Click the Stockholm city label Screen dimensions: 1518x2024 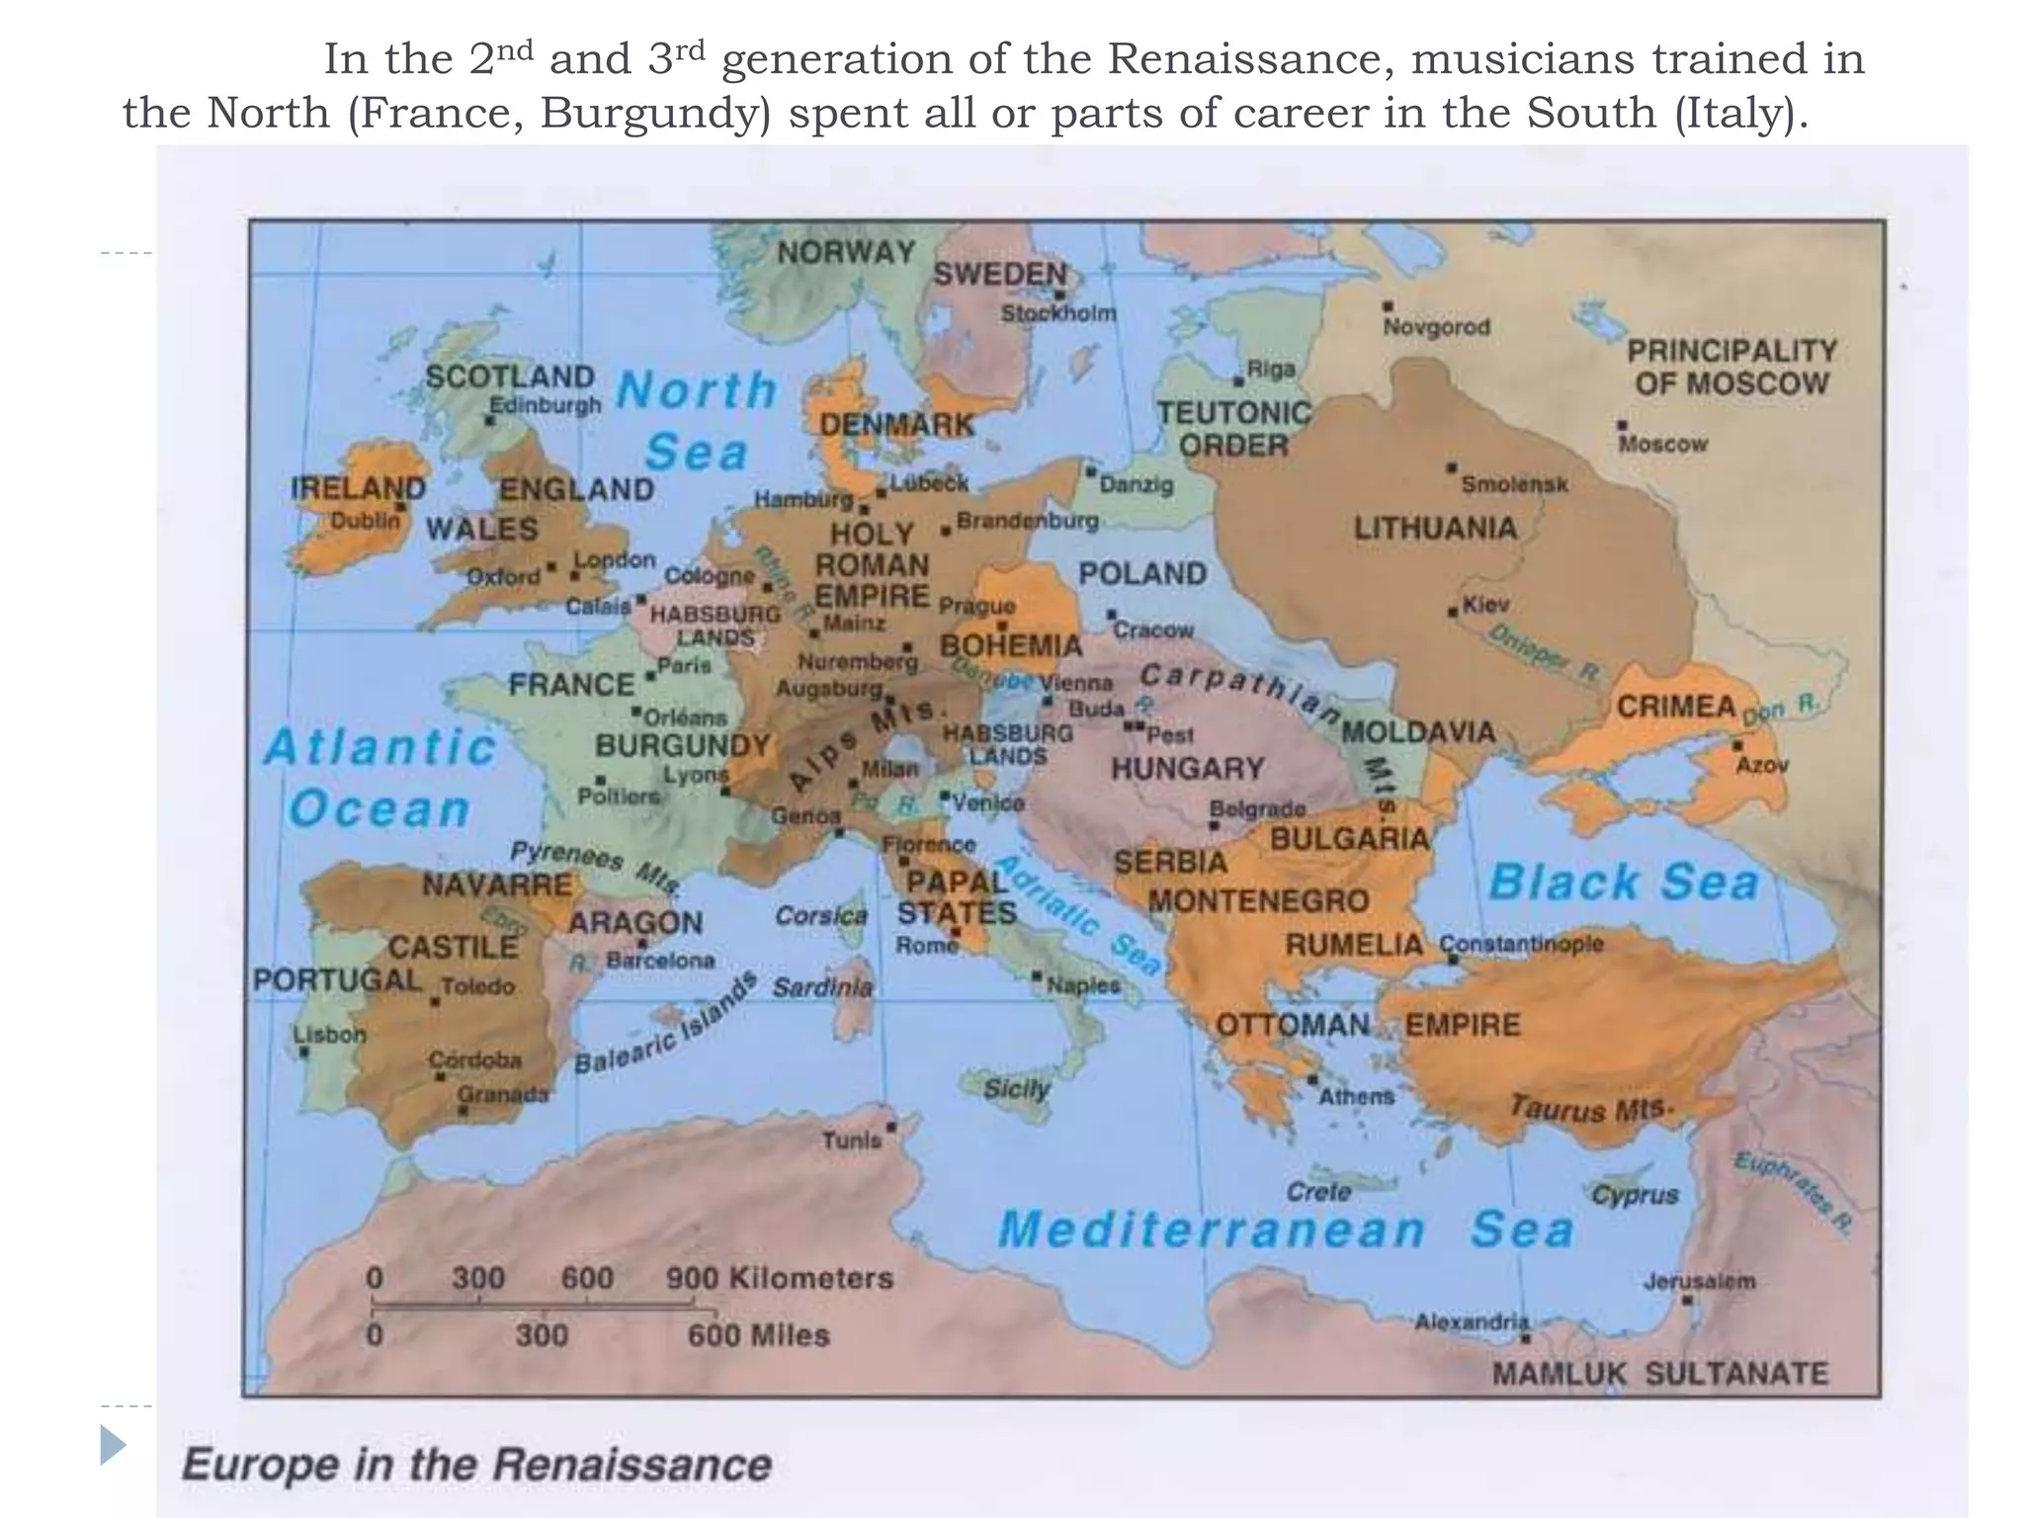[1057, 313]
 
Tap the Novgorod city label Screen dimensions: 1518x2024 [1435, 326]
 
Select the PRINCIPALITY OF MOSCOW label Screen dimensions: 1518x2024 [1731, 367]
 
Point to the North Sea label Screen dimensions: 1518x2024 [697, 420]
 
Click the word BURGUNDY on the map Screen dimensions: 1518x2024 [683, 745]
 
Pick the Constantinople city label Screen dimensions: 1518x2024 [1521, 943]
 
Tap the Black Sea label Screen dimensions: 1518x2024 [1624, 882]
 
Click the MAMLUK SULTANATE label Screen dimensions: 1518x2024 [1659, 1373]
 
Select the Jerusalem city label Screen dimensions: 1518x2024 [1699, 1281]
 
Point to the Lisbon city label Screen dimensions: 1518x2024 [329, 1035]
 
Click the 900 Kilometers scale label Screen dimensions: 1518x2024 [779, 1278]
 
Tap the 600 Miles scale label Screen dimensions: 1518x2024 [758, 1335]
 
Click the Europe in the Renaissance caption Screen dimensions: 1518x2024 [476, 1464]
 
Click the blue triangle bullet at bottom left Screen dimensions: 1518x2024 [113, 1445]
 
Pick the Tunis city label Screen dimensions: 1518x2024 [851, 1140]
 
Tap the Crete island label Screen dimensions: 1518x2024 [1318, 1192]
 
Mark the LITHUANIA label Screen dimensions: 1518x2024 [1435, 528]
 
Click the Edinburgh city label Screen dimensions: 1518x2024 [545, 404]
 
